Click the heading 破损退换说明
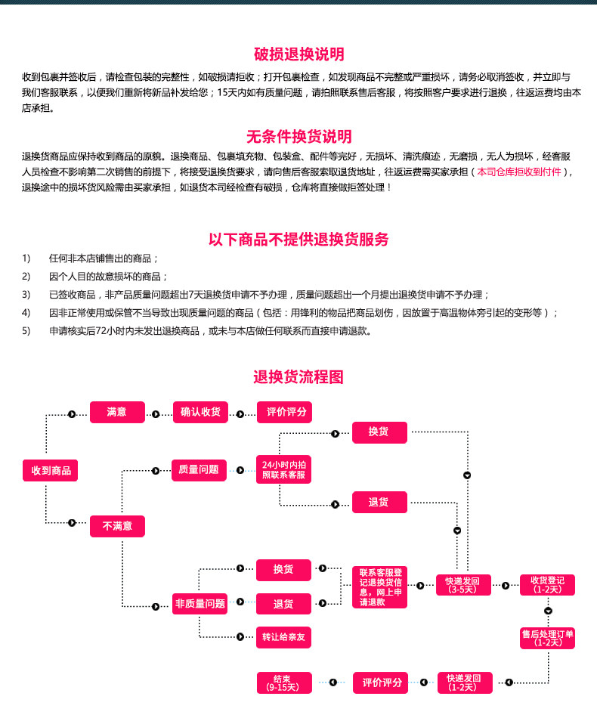click(298, 54)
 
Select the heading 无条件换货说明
click(298, 137)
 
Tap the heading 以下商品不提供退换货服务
click(298, 240)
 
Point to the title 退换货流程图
click(298, 376)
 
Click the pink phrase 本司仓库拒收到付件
click(519, 172)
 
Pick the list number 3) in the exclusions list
click(26, 294)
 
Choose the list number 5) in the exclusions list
click(26, 330)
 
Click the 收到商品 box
click(51, 470)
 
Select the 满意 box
click(116, 413)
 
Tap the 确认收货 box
click(200, 413)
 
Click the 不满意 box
click(116, 526)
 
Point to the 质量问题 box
click(199, 470)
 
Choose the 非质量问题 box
click(200, 603)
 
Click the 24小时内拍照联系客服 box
click(283, 470)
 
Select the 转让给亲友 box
click(283, 637)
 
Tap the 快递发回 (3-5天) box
click(463, 585)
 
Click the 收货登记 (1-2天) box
click(547, 585)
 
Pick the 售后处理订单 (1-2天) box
click(547, 638)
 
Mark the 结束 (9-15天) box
click(283, 682)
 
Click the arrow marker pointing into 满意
click(73, 413)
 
